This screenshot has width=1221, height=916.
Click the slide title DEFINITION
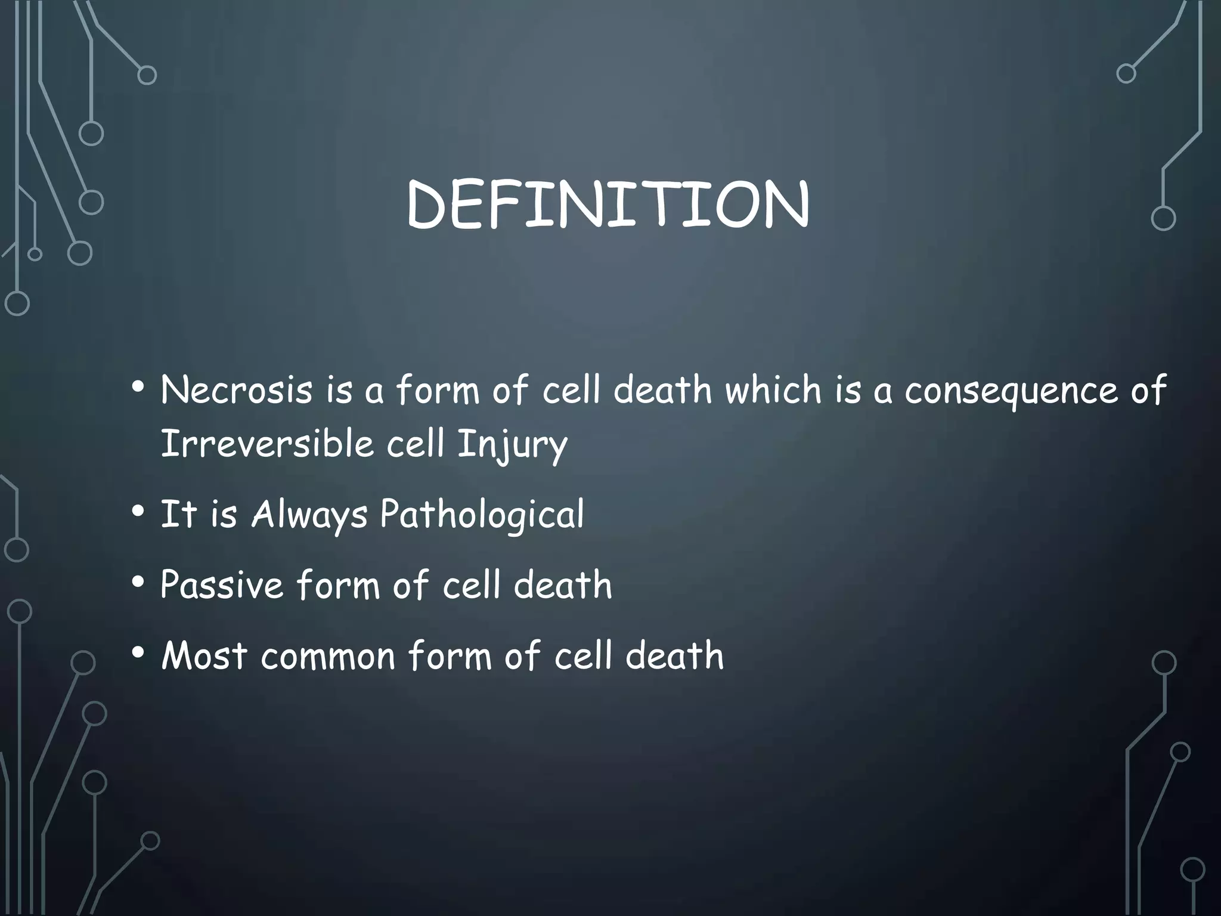(608, 205)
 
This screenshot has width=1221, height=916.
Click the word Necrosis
(237, 391)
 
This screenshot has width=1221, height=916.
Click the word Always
(309, 515)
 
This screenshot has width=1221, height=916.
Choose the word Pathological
(482, 515)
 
